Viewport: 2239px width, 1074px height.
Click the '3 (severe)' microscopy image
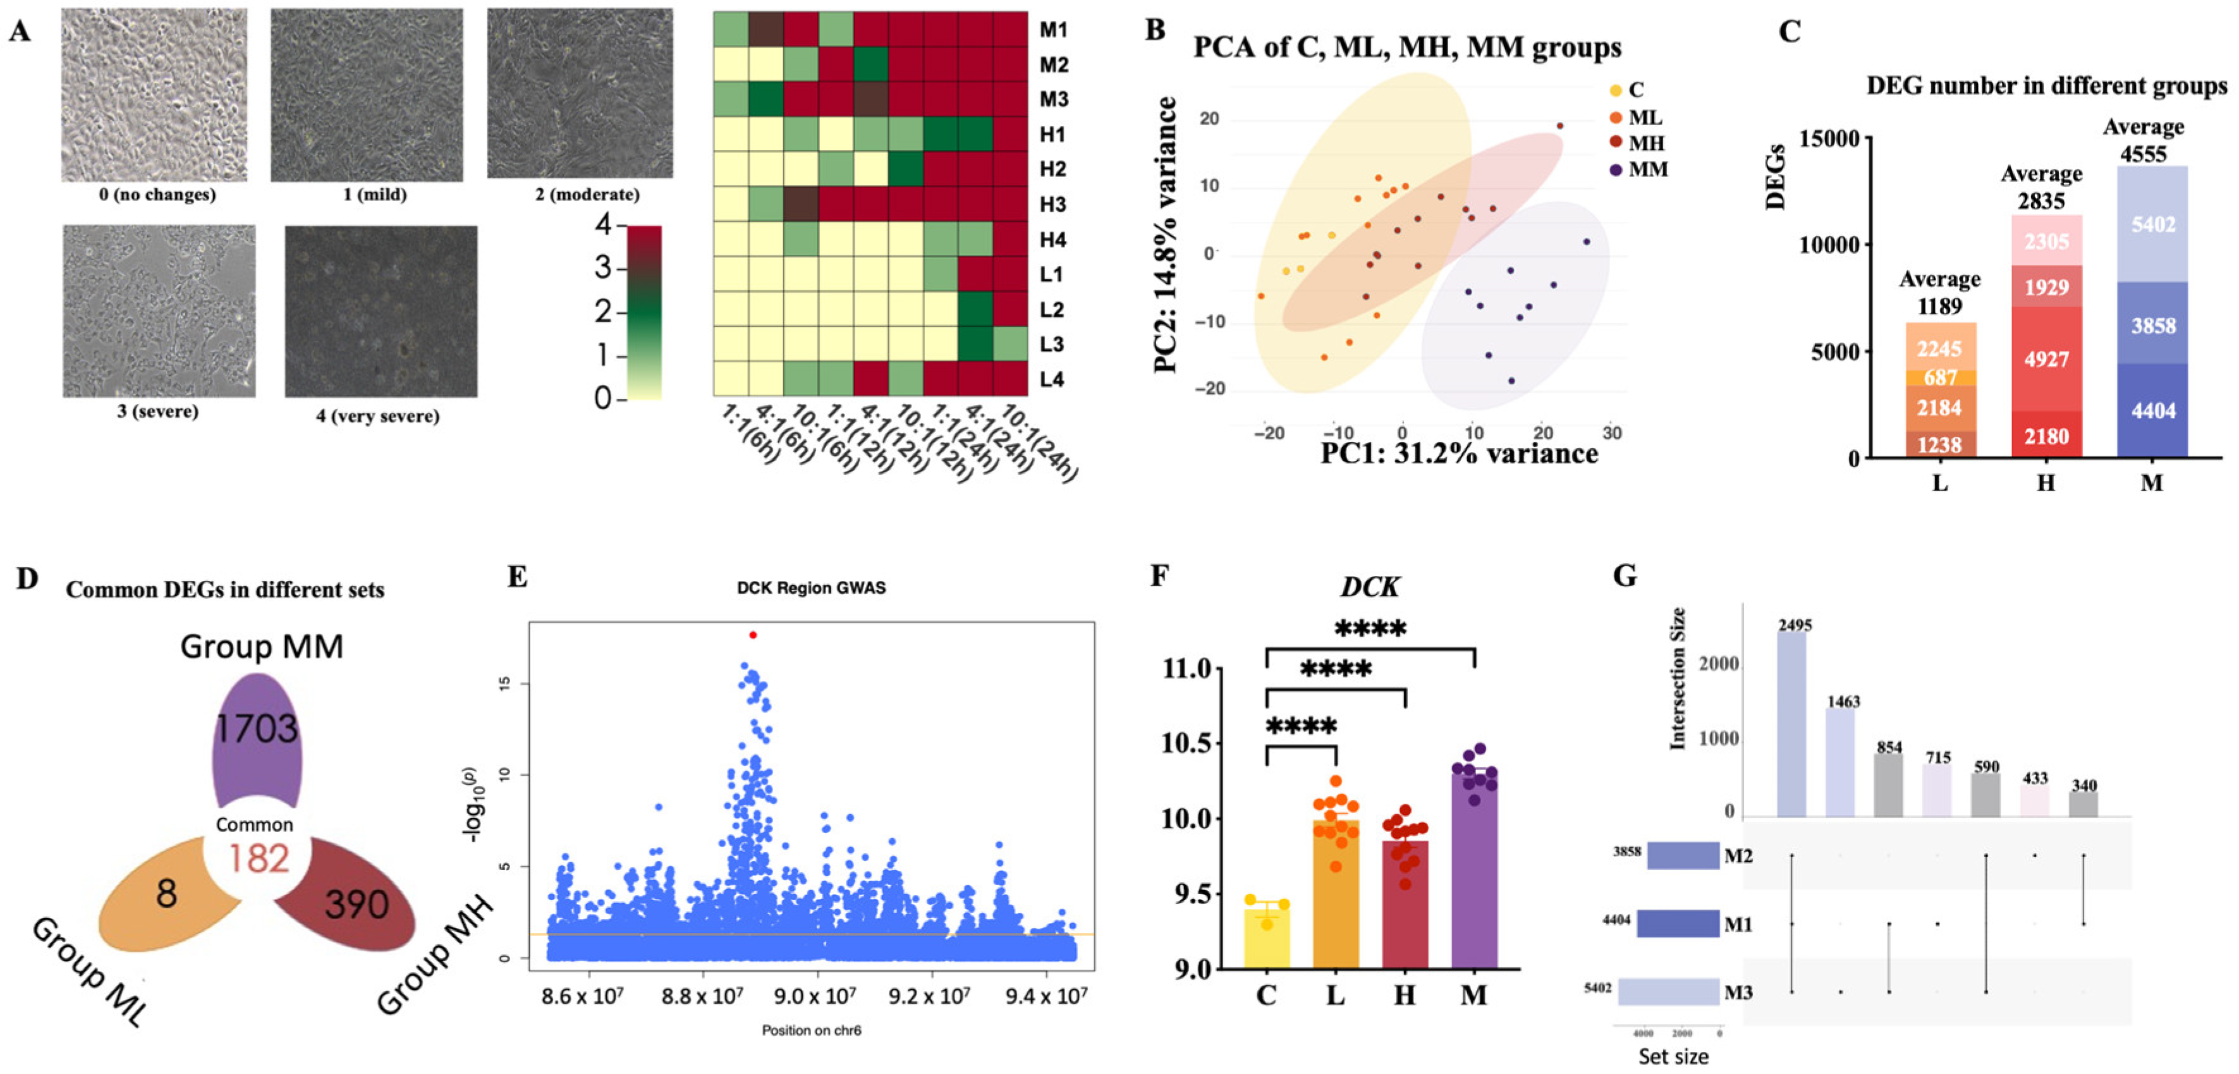click(x=159, y=310)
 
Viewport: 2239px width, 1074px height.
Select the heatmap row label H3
click(x=1052, y=204)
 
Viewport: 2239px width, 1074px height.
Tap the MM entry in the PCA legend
click(x=1647, y=169)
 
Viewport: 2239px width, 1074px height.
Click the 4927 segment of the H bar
click(x=2046, y=359)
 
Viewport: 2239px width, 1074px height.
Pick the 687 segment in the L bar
click(x=1940, y=378)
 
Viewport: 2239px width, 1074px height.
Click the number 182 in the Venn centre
click(x=258, y=858)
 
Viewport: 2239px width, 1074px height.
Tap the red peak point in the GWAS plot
click(x=753, y=635)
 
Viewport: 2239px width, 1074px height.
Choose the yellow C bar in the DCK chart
click(x=1266, y=937)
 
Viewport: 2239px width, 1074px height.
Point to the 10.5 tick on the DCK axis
click(x=1187, y=744)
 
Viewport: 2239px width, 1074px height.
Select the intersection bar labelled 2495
click(x=1791, y=724)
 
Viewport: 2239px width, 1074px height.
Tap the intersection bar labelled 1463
click(x=1840, y=763)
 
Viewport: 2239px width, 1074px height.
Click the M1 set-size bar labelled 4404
click(x=1678, y=924)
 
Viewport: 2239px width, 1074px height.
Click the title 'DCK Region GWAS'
click(x=811, y=589)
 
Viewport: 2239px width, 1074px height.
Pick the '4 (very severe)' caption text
click(x=377, y=416)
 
